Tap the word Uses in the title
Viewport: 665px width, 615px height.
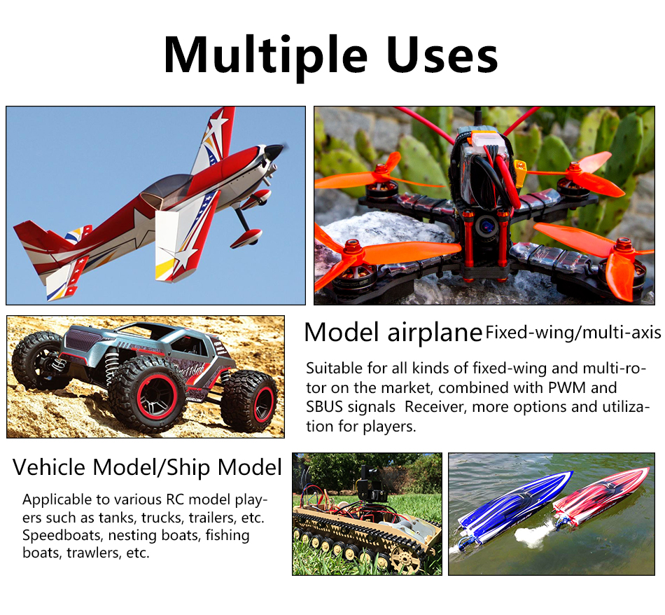pyautogui.click(x=442, y=55)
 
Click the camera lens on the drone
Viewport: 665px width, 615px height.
pyautogui.click(x=485, y=226)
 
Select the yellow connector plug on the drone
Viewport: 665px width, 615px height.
pyautogui.click(x=520, y=167)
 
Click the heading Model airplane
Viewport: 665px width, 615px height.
pyautogui.click(x=393, y=332)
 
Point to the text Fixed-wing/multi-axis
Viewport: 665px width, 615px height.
pyautogui.click(x=573, y=333)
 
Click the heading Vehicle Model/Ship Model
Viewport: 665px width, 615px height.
pyautogui.click(x=147, y=468)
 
